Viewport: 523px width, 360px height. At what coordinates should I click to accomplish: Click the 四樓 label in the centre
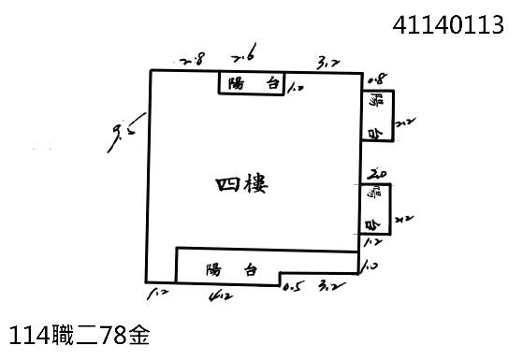[241, 184]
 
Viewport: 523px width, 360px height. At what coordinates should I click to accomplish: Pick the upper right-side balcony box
[376, 116]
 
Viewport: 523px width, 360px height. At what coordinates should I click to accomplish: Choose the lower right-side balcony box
[374, 209]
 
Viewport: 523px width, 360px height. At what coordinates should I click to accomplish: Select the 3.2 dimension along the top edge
[327, 63]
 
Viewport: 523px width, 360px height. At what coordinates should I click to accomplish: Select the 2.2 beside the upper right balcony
[404, 122]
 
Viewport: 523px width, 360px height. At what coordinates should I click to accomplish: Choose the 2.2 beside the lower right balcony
[403, 219]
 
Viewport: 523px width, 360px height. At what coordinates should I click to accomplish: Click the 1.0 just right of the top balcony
[298, 89]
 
